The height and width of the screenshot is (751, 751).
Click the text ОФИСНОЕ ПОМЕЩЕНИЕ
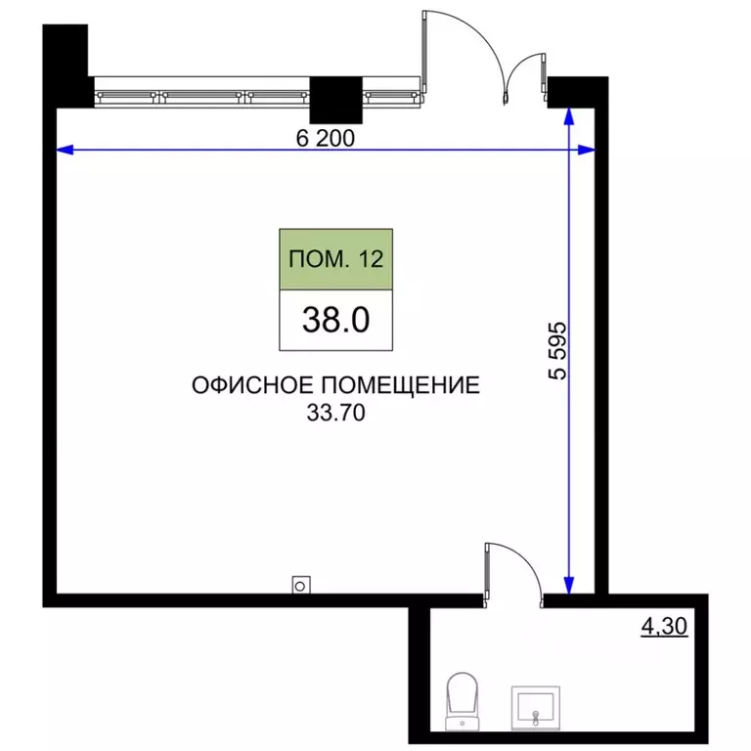pos(336,386)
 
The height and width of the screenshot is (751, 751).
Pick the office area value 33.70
pos(335,413)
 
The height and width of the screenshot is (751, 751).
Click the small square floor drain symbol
pos(301,585)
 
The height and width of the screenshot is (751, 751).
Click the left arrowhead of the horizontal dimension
pos(63,150)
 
